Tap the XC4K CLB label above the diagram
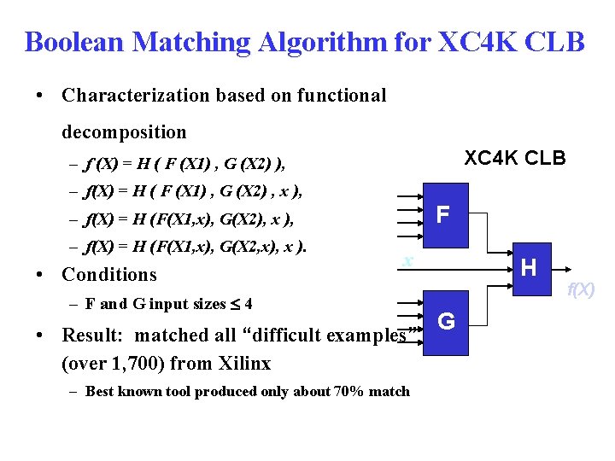(514, 158)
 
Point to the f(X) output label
(583, 290)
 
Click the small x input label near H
(409, 259)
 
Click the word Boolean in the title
(74, 41)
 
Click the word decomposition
(124, 131)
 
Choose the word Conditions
(109, 274)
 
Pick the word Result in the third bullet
(91, 336)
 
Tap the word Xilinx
(242, 363)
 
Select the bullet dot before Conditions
(41, 274)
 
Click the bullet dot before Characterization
(41, 96)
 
